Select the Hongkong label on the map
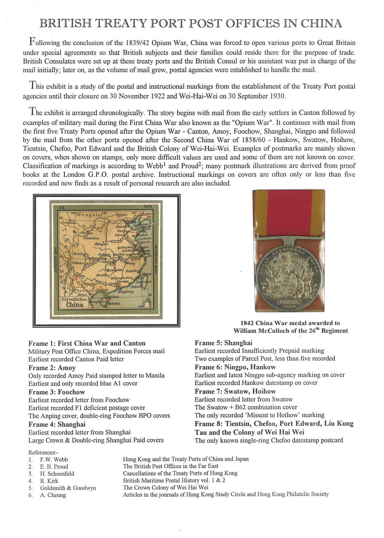[x=126, y=292]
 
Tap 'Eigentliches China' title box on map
[x=75, y=302]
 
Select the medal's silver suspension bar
[x=289, y=240]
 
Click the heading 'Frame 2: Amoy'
[x=52, y=368]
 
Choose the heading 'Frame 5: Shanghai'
[x=223, y=343]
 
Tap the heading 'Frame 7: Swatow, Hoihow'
[x=235, y=391]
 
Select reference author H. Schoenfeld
[x=57, y=473]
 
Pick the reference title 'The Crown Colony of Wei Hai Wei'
[x=166, y=487]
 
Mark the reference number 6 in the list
[x=31, y=495]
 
